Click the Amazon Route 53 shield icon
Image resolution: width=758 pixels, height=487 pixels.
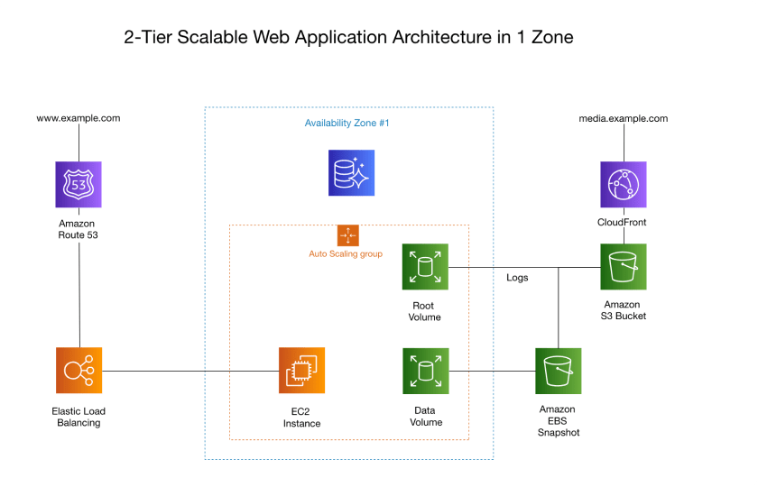coord(79,185)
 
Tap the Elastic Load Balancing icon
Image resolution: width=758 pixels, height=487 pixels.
coord(79,371)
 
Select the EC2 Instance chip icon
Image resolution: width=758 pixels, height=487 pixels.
coord(301,371)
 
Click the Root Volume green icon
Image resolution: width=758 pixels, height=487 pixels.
coord(425,267)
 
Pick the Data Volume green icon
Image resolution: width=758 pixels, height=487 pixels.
coord(425,371)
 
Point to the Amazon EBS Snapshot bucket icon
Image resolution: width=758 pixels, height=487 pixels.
coord(559,371)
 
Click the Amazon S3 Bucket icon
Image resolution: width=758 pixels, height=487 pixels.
coord(624,267)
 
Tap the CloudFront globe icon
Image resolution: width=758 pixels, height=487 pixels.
coord(624,185)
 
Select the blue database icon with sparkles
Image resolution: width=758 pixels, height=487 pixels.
coord(351,173)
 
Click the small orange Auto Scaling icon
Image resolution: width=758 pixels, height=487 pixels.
coord(348,235)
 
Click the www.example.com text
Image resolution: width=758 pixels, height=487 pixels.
coord(79,118)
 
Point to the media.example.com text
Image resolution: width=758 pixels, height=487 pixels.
coord(624,119)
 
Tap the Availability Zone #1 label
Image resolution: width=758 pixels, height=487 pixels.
coord(347,124)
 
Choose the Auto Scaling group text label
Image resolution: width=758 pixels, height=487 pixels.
coord(346,254)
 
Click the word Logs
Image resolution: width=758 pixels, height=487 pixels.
coord(517,278)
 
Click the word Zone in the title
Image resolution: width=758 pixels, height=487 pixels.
coord(552,37)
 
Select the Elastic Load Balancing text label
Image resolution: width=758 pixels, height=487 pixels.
coord(79,417)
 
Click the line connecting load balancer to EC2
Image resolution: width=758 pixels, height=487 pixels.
coord(190,371)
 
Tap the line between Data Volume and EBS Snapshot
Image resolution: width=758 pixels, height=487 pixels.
coord(492,371)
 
